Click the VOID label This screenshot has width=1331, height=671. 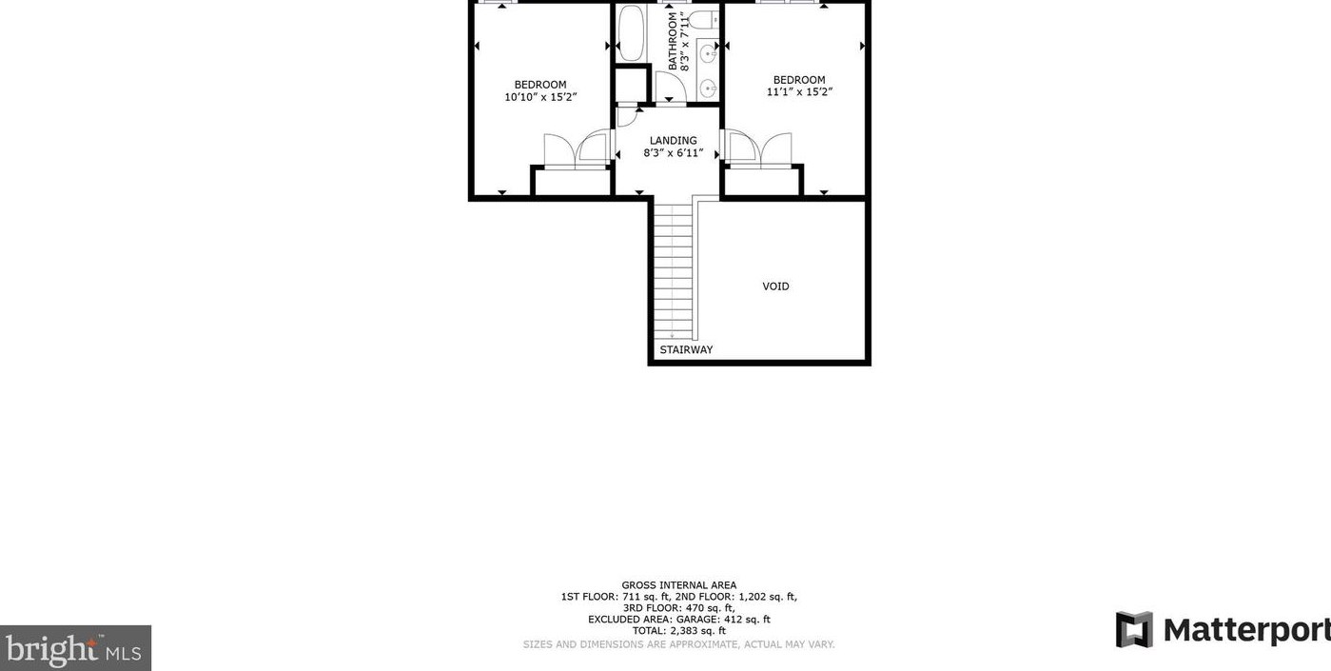[x=775, y=286]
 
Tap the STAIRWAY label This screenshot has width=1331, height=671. [x=686, y=350]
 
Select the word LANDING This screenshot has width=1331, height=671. [x=673, y=141]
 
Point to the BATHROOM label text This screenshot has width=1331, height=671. [x=673, y=41]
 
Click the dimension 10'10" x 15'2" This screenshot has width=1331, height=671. [x=540, y=97]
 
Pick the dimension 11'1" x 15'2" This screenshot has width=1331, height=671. [x=799, y=92]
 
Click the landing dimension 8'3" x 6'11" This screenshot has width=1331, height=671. [x=673, y=153]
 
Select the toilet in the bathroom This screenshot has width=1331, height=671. [x=701, y=19]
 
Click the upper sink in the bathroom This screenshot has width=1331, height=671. [x=709, y=54]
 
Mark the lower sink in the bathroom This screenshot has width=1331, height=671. [x=709, y=89]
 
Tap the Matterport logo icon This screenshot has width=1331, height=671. [x=1133, y=630]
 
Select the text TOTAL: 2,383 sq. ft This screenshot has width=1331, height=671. [x=678, y=631]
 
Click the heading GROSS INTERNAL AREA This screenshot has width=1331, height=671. [x=678, y=585]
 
